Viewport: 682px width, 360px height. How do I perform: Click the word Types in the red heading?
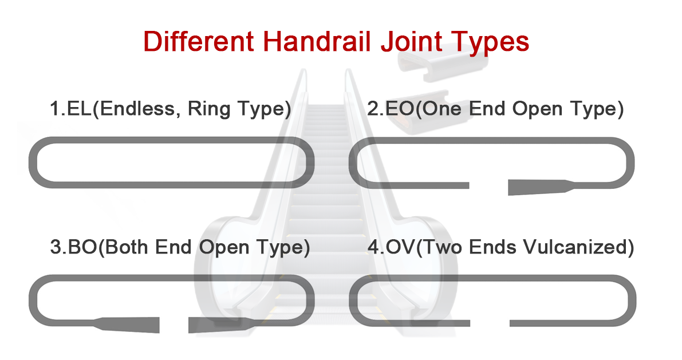click(x=491, y=42)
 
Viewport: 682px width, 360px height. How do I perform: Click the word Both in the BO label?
click(x=128, y=248)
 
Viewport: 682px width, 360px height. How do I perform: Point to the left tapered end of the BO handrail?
click(x=137, y=324)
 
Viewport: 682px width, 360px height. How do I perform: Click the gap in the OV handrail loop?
click(x=489, y=323)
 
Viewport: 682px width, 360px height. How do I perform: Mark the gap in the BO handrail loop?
click(x=174, y=325)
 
